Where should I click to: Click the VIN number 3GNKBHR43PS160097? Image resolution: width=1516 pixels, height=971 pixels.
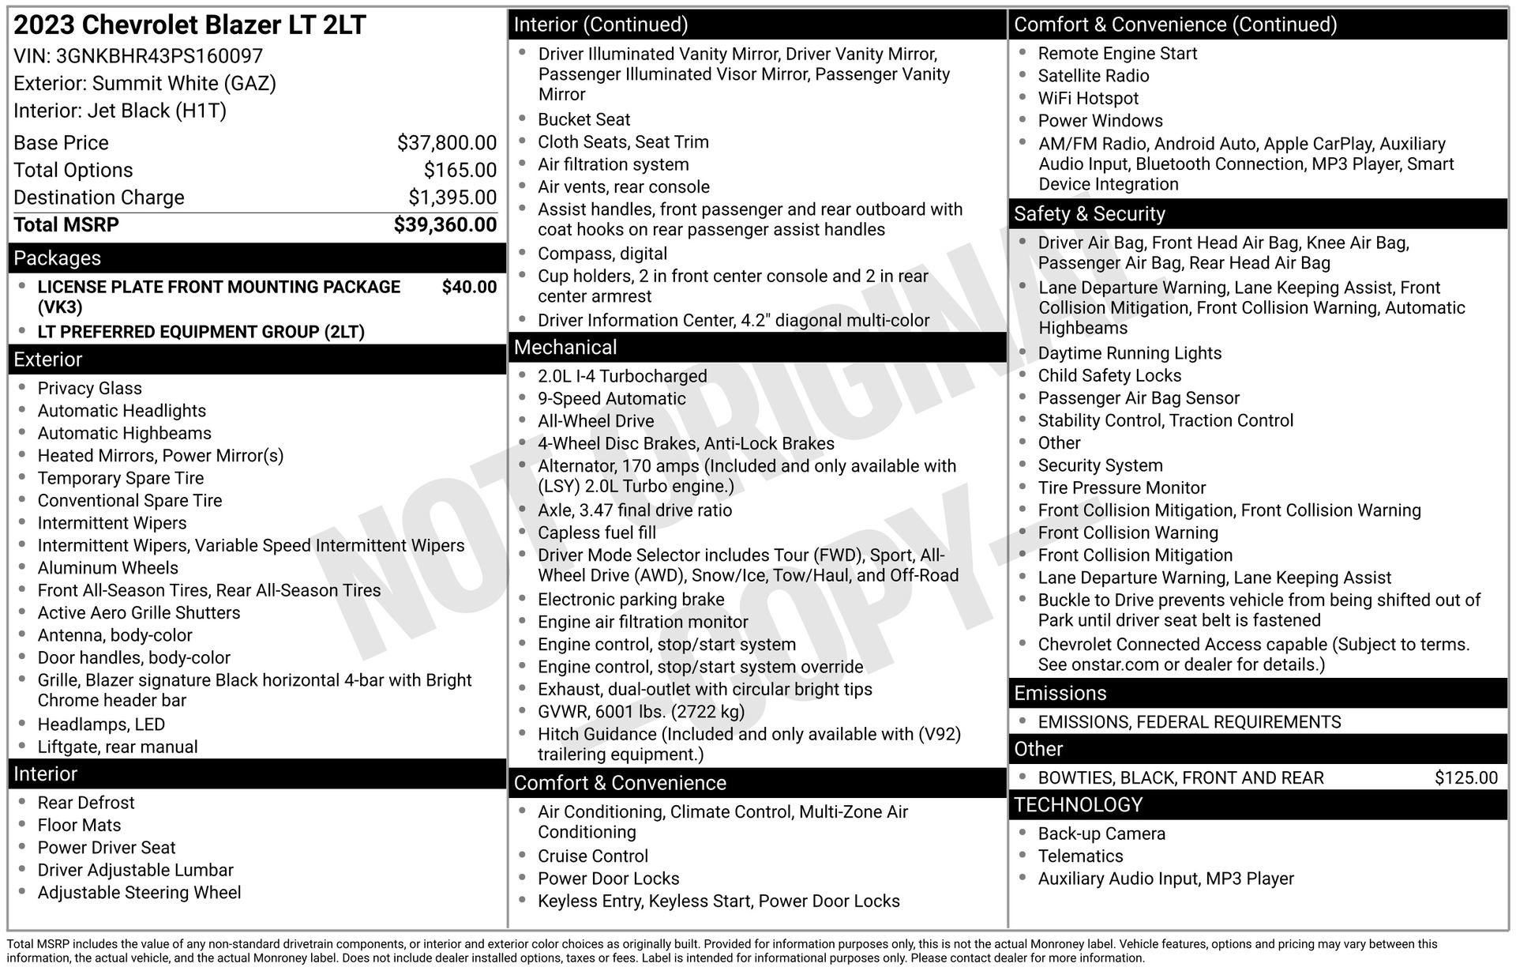coord(159,56)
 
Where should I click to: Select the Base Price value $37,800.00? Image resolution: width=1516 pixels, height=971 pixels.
coord(447,143)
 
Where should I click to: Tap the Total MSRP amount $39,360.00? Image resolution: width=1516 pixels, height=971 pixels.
coord(445,225)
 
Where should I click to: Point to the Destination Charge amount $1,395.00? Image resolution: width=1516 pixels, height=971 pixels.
coord(452,198)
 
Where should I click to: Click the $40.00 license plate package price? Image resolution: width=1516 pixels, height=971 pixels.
coord(469,287)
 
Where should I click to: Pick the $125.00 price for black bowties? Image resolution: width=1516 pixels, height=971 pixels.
coord(1465,777)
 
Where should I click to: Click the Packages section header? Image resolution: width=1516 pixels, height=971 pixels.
coord(58,258)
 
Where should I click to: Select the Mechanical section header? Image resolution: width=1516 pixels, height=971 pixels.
coord(565,348)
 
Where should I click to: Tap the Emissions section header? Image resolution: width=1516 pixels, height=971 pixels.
coord(1060,694)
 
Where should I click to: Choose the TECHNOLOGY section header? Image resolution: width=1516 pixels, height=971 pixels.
coord(1078,805)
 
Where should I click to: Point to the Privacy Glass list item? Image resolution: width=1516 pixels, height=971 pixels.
coord(90,388)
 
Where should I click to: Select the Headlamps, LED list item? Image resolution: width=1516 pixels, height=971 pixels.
coord(101,724)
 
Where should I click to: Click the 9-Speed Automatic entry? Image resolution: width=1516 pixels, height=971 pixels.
coord(612,399)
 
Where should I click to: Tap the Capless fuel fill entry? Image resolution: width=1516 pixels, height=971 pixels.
coord(597,533)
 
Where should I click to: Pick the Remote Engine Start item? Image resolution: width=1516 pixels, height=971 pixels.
coord(1117,54)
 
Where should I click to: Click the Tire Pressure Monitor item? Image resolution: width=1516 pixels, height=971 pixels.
coord(1121,488)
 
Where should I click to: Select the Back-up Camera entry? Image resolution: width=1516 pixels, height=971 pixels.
coord(1101,834)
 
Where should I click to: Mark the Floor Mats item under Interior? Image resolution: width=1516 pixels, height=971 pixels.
coord(79,825)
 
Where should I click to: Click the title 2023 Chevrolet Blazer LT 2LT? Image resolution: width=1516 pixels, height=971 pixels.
coord(189,25)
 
